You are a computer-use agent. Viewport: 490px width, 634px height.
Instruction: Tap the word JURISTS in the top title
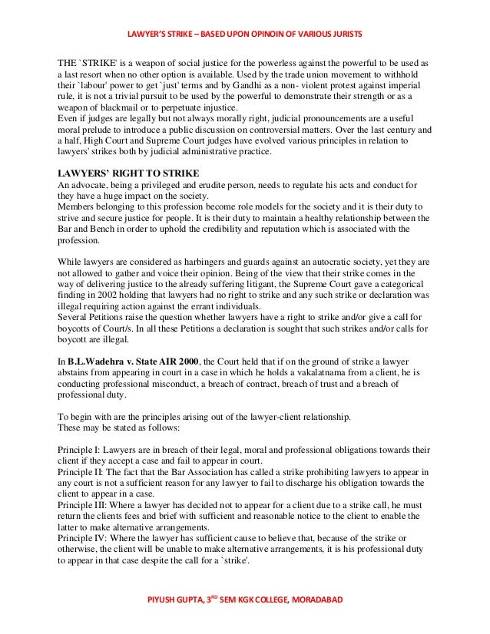(x=346, y=36)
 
